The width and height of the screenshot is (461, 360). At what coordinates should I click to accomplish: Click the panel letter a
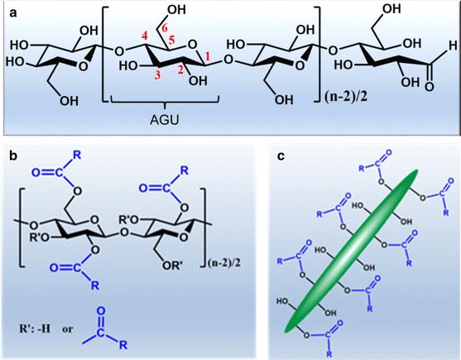[x=13, y=13]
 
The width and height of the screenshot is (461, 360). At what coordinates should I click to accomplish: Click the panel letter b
[x=13, y=156]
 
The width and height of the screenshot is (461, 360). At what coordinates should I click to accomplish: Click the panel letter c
[x=281, y=156]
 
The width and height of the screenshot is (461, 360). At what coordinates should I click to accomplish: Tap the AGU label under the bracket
[x=165, y=120]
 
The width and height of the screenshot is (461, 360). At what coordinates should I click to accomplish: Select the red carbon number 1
[x=208, y=56]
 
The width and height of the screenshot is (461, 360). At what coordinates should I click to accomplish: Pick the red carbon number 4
[x=144, y=37]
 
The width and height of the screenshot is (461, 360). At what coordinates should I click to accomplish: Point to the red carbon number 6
[x=165, y=29]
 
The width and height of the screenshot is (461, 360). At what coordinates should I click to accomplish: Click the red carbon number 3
[x=158, y=75]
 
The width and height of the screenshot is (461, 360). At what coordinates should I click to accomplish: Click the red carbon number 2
[x=181, y=70]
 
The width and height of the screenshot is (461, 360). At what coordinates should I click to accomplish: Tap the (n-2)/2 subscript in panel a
[x=346, y=98]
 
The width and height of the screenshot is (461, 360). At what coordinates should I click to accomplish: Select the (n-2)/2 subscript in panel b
[x=224, y=262]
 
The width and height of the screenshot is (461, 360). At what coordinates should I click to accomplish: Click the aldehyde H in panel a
[x=453, y=46]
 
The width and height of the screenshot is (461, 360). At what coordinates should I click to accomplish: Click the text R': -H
[x=35, y=329]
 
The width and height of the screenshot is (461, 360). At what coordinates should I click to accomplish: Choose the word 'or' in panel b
[x=67, y=329]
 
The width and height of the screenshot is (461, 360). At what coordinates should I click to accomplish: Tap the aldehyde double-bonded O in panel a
[x=429, y=87]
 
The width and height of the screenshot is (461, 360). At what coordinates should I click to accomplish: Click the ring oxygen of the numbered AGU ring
[x=192, y=45]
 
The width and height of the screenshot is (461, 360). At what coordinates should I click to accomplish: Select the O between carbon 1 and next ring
[x=228, y=61]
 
